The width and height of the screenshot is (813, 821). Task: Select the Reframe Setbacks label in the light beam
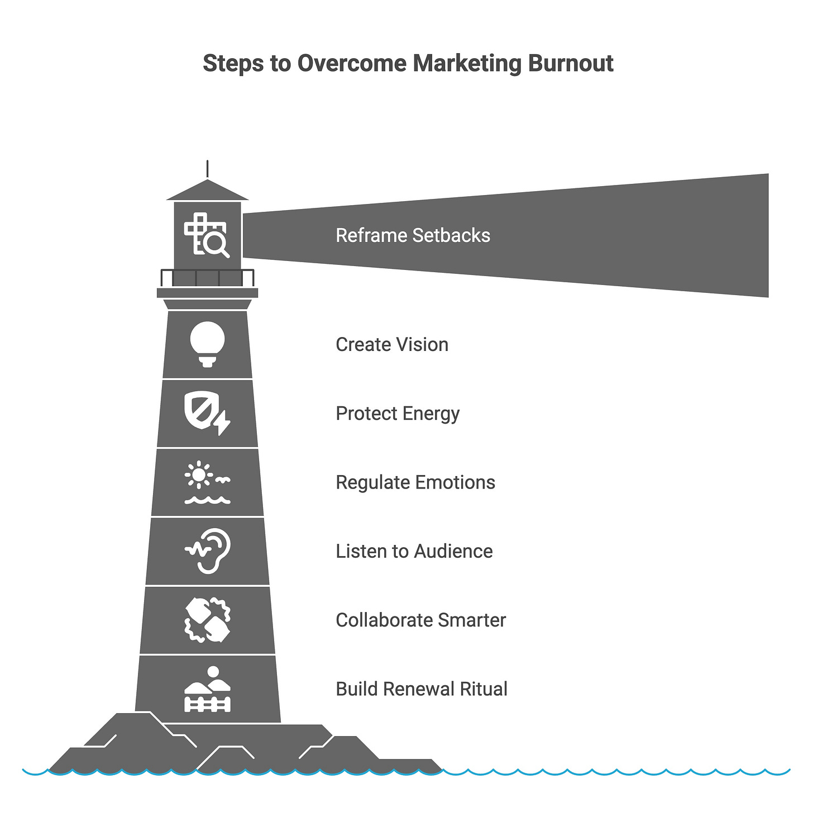pyautogui.click(x=413, y=235)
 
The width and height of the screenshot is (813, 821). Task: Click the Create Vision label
pyautogui.click(x=392, y=345)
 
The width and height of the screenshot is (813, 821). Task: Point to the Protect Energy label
pyautogui.click(x=398, y=414)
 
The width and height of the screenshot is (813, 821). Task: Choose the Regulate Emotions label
pyautogui.click(x=415, y=482)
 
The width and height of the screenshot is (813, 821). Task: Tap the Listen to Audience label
pyautogui.click(x=414, y=551)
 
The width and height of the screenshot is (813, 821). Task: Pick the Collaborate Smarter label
pyautogui.click(x=420, y=620)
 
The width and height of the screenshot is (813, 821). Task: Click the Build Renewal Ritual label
pyautogui.click(x=422, y=689)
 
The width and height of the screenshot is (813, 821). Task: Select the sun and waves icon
pyautogui.click(x=207, y=482)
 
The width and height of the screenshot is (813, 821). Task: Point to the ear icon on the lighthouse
pyautogui.click(x=208, y=551)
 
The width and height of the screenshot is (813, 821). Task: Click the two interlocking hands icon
pyautogui.click(x=207, y=620)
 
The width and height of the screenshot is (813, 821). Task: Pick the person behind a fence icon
pyautogui.click(x=207, y=689)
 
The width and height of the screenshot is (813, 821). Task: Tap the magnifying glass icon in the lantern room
pyautogui.click(x=216, y=244)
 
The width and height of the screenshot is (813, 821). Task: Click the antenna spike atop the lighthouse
pyautogui.click(x=207, y=169)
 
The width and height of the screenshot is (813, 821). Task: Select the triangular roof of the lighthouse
pyautogui.click(x=207, y=191)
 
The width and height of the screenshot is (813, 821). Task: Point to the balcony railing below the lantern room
pyautogui.click(x=207, y=278)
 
